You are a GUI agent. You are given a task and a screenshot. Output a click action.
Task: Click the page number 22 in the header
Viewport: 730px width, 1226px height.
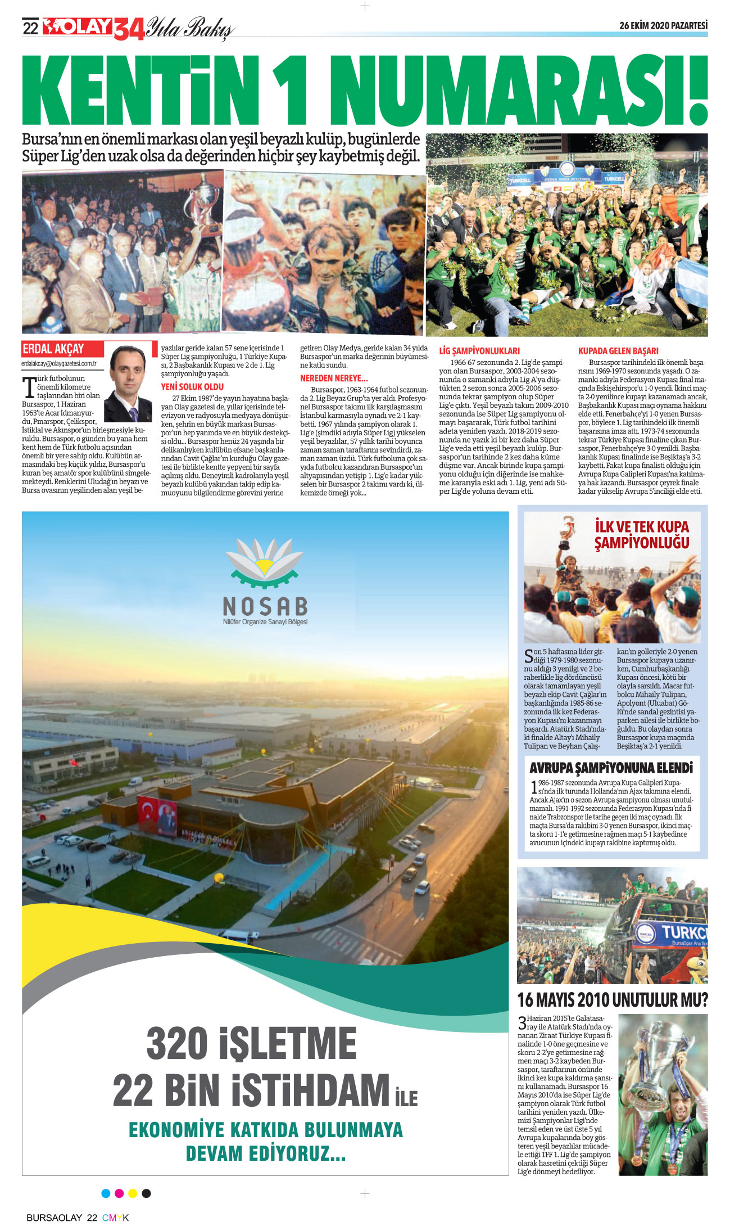pos(30,28)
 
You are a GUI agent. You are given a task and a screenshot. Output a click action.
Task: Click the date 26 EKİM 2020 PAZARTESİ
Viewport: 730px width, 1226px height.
pos(663,25)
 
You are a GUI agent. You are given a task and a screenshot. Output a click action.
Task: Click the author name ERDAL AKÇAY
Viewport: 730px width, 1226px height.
pos(53,349)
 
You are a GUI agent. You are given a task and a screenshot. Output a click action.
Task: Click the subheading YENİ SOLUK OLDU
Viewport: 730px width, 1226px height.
pos(192,387)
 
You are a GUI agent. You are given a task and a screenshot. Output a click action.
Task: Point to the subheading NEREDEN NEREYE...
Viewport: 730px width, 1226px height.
pos(334,378)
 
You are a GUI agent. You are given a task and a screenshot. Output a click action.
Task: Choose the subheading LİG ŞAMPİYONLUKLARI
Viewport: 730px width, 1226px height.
pos(479,350)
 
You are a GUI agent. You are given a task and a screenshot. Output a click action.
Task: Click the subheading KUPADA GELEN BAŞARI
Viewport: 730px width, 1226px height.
pos(618,350)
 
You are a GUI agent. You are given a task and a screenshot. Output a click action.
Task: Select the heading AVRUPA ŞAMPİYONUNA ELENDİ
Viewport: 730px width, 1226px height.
pos(611,768)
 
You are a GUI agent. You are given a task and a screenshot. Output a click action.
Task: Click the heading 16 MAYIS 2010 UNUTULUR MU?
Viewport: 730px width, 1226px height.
pos(612,1000)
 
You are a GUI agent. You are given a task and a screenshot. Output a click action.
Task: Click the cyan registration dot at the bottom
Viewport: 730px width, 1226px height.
pos(106,1193)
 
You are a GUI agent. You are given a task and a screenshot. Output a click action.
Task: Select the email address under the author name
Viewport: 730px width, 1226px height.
pos(59,363)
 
